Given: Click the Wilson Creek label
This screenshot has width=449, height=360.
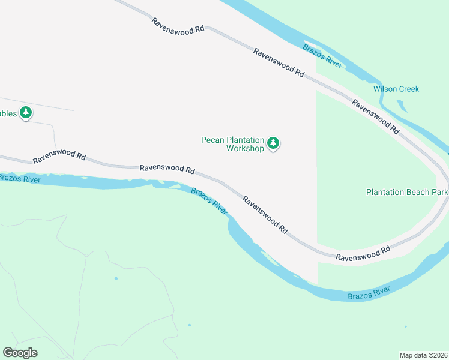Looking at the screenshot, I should click(x=396, y=89).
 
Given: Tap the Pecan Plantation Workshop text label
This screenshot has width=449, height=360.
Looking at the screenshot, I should click(x=232, y=144).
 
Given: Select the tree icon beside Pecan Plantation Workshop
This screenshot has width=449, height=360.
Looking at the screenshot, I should click(x=274, y=143).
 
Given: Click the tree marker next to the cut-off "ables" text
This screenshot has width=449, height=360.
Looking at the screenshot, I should click(x=25, y=112).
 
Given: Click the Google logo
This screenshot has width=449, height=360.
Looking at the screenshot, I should click(x=20, y=353).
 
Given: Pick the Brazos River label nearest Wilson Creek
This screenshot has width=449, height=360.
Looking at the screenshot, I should click(x=322, y=56).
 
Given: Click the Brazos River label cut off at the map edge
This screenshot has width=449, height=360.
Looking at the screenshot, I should click(x=18, y=178).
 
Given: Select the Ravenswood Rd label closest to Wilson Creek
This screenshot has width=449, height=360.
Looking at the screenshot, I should click(x=376, y=116).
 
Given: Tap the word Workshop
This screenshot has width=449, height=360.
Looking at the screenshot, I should click(x=245, y=148).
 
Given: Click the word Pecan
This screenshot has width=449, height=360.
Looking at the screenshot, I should click(x=212, y=140).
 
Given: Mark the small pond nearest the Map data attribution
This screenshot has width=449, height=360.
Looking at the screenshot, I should click(x=405, y=327).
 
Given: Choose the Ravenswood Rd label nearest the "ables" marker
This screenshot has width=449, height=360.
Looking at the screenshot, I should click(x=59, y=157).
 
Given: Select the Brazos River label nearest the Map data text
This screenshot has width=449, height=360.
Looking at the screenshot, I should click(x=369, y=293).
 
